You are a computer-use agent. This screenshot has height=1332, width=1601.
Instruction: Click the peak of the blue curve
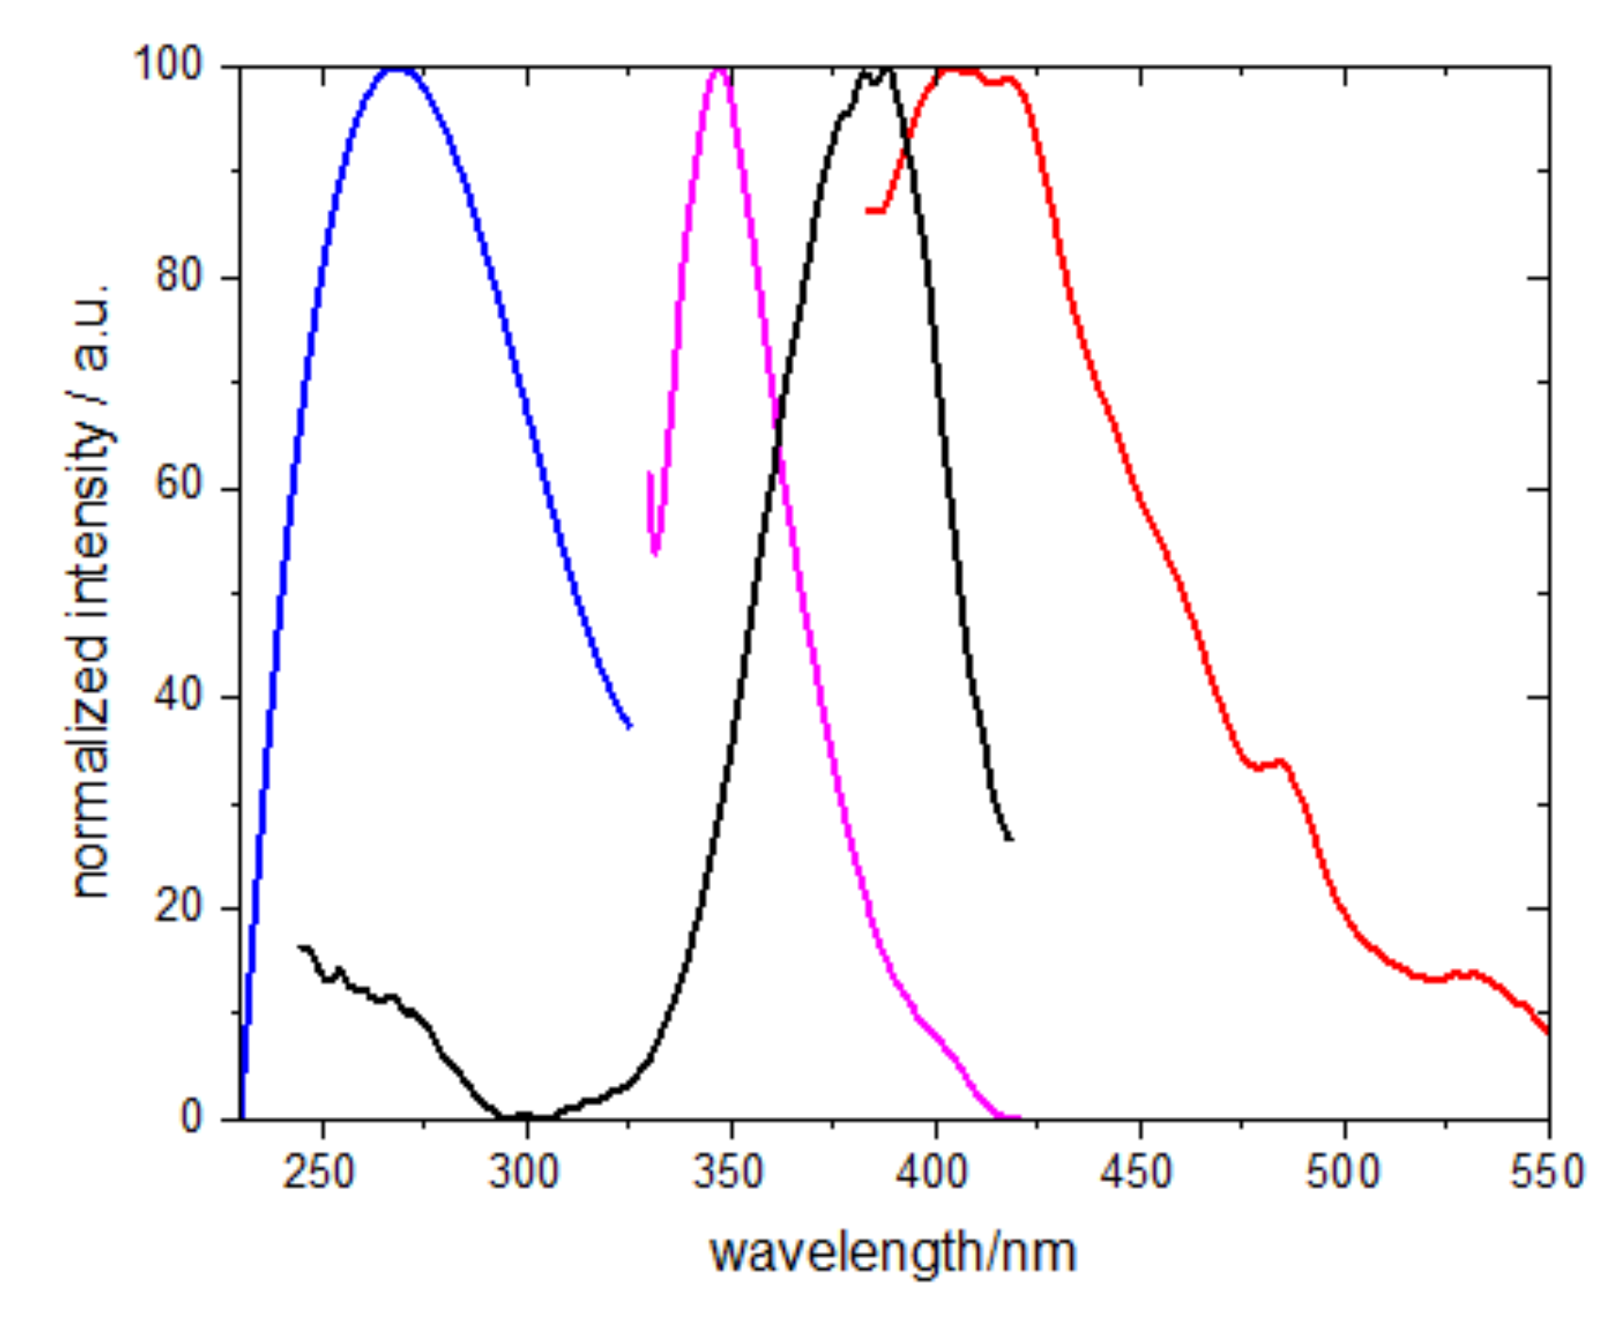pos(398,69)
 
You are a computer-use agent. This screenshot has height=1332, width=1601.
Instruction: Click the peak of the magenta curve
pos(718,69)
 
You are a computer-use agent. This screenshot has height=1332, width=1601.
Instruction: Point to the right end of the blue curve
pos(630,727)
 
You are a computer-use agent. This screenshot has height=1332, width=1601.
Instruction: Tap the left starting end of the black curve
pos(301,946)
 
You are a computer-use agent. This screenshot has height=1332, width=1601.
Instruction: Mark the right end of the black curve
pos(1011,839)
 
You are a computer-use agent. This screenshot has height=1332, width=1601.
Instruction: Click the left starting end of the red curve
pos(868,210)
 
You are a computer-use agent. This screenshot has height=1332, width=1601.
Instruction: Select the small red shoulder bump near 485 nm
pos(1279,761)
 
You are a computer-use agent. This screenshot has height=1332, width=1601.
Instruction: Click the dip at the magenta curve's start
pos(655,552)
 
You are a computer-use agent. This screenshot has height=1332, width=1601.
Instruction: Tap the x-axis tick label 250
pos(318,1172)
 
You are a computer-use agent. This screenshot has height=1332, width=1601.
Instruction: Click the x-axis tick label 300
pos(524,1172)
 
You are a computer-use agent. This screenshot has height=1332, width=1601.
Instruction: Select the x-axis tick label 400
pos(933,1172)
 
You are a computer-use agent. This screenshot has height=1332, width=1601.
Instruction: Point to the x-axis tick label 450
pos(1138,1172)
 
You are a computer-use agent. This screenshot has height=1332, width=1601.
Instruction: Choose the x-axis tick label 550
pos(1546,1172)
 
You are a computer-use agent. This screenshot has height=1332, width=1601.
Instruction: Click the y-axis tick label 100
pos(168,65)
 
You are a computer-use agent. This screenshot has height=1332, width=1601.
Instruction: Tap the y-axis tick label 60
pos(178,486)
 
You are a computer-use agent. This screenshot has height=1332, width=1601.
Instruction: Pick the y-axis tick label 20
pos(178,907)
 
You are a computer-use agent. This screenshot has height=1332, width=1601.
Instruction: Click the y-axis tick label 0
pos(191,1118)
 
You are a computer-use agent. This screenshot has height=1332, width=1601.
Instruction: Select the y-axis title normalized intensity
pos(91,589)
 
